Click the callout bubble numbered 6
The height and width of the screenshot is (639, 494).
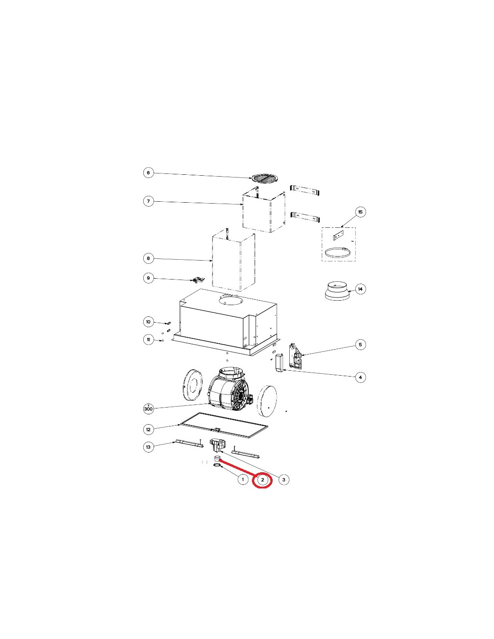coord(148,173)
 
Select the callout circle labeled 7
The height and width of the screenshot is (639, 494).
coord(148,201)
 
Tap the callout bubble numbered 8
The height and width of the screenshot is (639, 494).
coord(148,258)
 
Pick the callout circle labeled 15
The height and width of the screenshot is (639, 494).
coord(360,212)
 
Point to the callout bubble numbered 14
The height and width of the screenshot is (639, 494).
coord(360,289)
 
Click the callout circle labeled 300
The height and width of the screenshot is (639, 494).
coord(149,408)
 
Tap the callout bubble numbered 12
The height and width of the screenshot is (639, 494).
coord(148,430)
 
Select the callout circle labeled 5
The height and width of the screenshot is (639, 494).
coord(360,345)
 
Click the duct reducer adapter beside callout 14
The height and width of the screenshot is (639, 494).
coord(337,291)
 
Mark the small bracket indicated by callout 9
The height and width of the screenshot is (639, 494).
coord(198,280)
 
